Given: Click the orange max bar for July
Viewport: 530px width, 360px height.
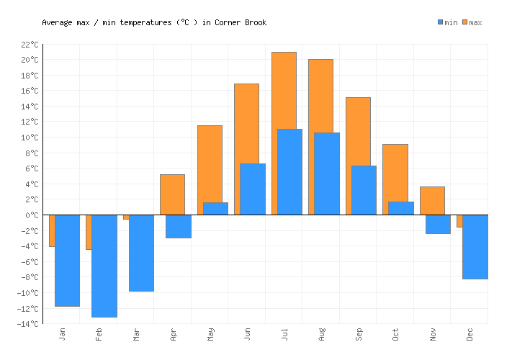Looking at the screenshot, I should (284, 90).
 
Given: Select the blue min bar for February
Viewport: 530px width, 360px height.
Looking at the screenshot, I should (104, 266).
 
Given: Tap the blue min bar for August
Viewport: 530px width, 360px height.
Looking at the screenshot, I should (327, 174).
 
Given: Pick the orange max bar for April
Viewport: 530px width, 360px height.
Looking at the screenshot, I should (172, 194).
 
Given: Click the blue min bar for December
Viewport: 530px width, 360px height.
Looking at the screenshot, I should (475, 246).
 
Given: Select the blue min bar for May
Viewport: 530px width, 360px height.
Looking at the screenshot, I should (215, 209).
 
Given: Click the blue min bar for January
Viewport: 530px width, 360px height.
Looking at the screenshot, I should (67, 260).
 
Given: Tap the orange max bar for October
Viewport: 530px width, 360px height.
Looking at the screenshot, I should (395, 173).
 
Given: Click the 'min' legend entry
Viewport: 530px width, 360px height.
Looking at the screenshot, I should (447, 22).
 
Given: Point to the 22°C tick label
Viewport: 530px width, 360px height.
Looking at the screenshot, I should (30, 45).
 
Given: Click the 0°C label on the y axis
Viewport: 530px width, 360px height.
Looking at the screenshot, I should (32, 215).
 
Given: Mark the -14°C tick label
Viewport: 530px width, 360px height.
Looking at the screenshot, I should (28, 324).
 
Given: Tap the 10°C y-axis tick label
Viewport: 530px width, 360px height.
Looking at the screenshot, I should (30, 138).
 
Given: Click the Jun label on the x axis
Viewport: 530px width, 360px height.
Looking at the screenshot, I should (248, 335).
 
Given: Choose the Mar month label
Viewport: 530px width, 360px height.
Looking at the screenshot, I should (137, 335).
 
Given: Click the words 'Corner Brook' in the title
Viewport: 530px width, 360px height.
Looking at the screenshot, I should (241, 22).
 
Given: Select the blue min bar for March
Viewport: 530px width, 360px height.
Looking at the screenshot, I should (141, 253).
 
